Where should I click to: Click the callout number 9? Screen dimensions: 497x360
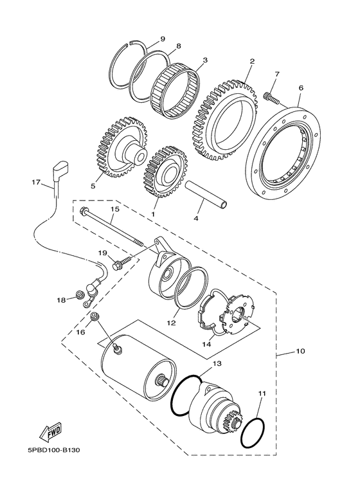(162, 39)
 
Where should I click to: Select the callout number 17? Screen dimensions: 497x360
(36, 183)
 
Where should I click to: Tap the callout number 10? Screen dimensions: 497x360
(300, 352)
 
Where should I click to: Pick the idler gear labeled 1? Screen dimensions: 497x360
(166, 170)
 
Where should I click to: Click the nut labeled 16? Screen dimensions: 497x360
(95, 316)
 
